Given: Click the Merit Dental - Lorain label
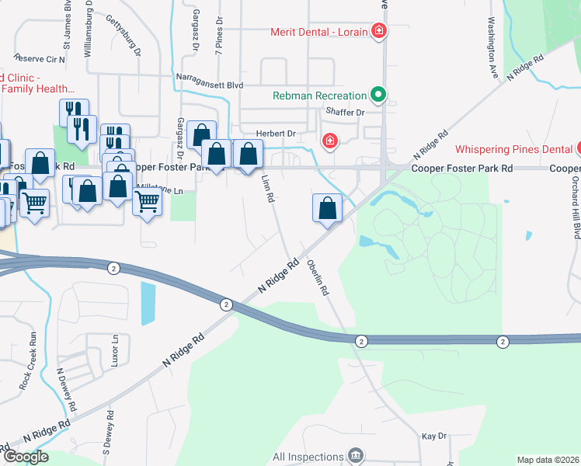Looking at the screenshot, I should (x=319, y=32).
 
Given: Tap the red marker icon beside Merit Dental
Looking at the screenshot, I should (x=379, y=32).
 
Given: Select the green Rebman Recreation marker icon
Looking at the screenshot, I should (x=378, y=96).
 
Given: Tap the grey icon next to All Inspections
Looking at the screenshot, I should (x=357, y=455).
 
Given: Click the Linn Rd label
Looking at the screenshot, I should (x=269, y=189).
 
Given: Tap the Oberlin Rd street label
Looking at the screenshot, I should (x=318, y=277).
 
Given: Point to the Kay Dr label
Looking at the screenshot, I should (x=434, y=436).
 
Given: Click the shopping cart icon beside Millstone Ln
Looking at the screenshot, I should (x=147, y=203).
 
